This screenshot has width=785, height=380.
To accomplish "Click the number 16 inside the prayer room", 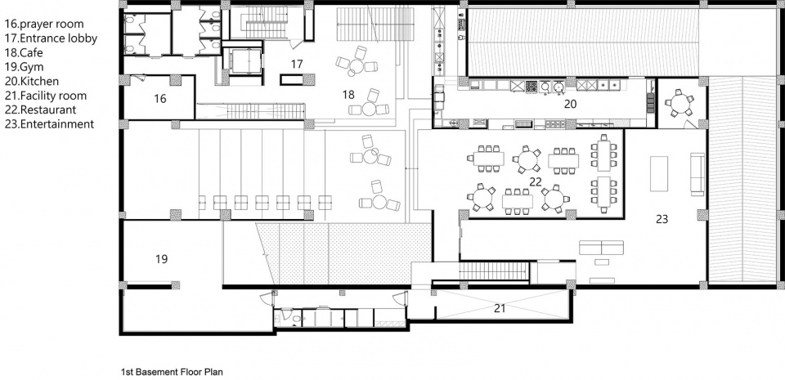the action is click(160, 99).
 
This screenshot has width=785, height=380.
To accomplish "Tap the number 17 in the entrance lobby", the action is click(297, 64).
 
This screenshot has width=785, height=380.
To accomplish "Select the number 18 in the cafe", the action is click(349, 94).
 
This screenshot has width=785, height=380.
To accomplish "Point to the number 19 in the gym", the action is click(161, 259).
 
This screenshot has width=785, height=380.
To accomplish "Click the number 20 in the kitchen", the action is click(570, 104).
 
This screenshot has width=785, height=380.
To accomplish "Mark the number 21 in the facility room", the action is click(500, 309).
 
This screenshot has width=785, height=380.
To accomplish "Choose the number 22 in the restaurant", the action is click(536, 182).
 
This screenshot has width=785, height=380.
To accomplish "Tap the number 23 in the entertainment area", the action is click(662, 219).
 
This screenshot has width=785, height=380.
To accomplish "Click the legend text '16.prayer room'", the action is click(44, 24).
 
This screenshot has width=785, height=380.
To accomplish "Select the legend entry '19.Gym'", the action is click(24, 67).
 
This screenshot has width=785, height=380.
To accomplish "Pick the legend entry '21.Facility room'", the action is click(46, 96).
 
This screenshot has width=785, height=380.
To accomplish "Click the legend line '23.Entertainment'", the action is click(49, 124).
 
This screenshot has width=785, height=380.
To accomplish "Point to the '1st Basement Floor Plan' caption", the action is click(172, 372).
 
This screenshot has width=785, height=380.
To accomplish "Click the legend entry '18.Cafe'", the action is click(24, 53).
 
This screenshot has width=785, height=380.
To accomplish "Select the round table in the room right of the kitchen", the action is click(680, 103).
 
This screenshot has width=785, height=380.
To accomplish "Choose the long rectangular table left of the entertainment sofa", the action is click(659, 173).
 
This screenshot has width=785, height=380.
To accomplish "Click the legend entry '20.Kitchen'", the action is click(32, 82).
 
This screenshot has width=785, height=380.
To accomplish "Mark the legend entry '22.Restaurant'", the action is click(40, 110).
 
